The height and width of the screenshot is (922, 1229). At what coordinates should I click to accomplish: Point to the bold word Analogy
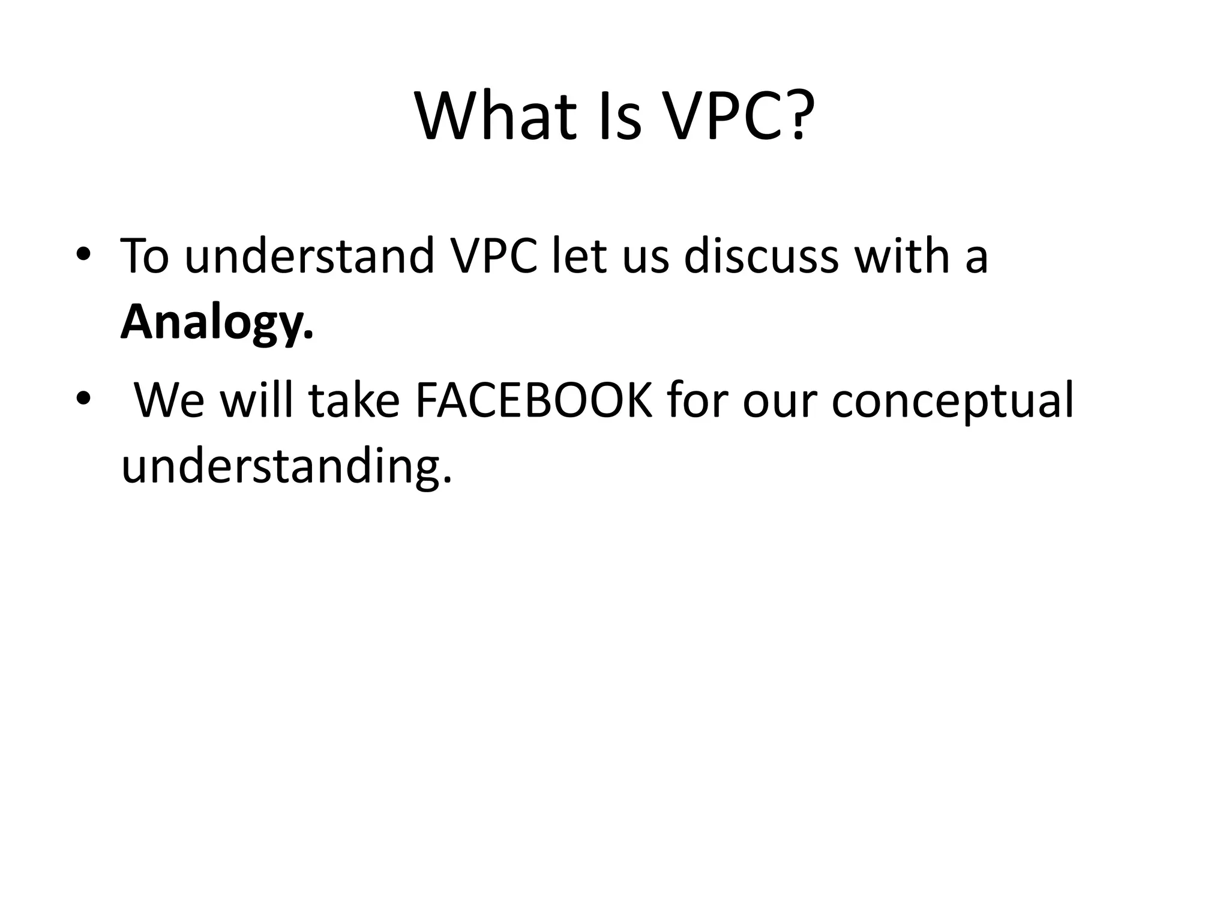(x=216, y=323)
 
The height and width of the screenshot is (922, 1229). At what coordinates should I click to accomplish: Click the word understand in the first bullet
(x=309, y=257)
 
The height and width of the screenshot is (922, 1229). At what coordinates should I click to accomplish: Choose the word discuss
(x=760, y=257)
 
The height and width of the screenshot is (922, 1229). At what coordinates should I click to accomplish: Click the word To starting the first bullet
(x=145, y=257)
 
